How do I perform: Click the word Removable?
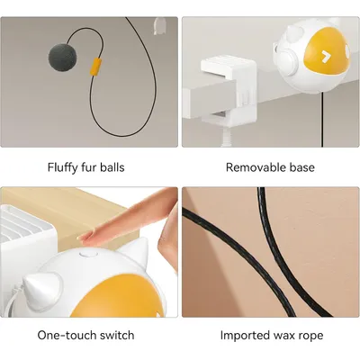255,167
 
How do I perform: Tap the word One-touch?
67,336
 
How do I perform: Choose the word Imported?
247,336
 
